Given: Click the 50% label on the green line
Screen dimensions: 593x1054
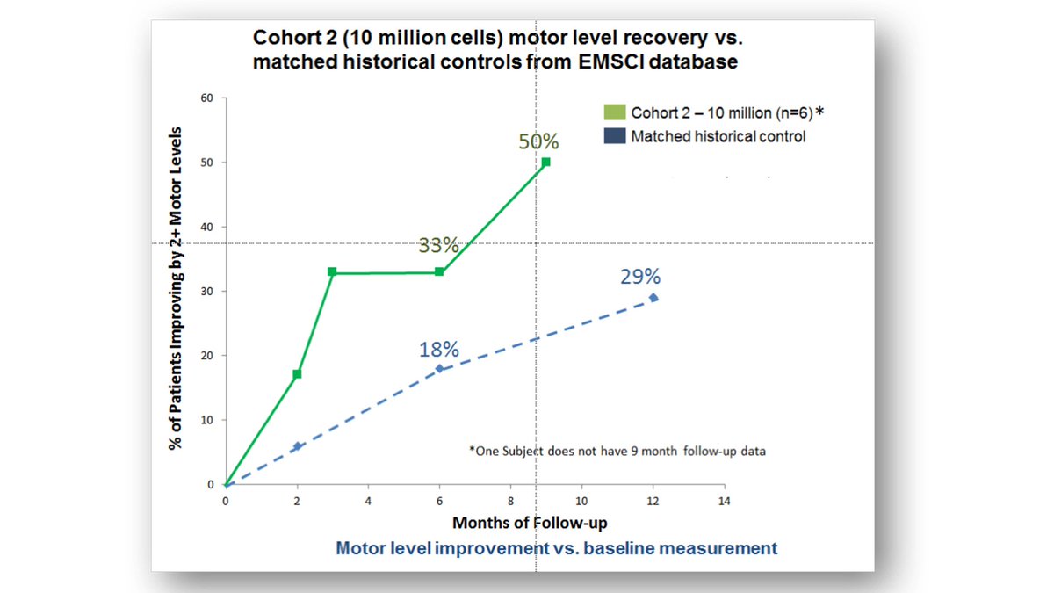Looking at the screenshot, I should (538, 142).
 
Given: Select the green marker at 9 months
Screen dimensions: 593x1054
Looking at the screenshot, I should (545, 162).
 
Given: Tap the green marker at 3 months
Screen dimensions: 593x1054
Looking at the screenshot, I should (332, 271).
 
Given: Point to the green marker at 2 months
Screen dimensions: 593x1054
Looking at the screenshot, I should (297, 374).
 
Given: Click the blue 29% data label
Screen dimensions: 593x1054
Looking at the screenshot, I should (639, 277).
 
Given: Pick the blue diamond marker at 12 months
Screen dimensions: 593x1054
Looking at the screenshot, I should (653, 298).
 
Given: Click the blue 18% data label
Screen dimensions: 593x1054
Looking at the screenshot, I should (438, 349).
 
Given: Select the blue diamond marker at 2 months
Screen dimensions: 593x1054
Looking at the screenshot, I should (297, 446).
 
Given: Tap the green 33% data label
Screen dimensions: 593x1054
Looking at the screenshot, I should (438, 246).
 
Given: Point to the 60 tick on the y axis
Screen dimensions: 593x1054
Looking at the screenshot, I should (208, 98).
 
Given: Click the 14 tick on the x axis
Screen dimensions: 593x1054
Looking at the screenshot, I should (724, 500).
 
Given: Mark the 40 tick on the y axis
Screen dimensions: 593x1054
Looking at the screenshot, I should (208, 227).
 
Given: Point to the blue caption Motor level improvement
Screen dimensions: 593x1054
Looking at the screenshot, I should (556, 548).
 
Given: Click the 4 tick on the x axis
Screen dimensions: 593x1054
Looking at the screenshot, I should (367, 500).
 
